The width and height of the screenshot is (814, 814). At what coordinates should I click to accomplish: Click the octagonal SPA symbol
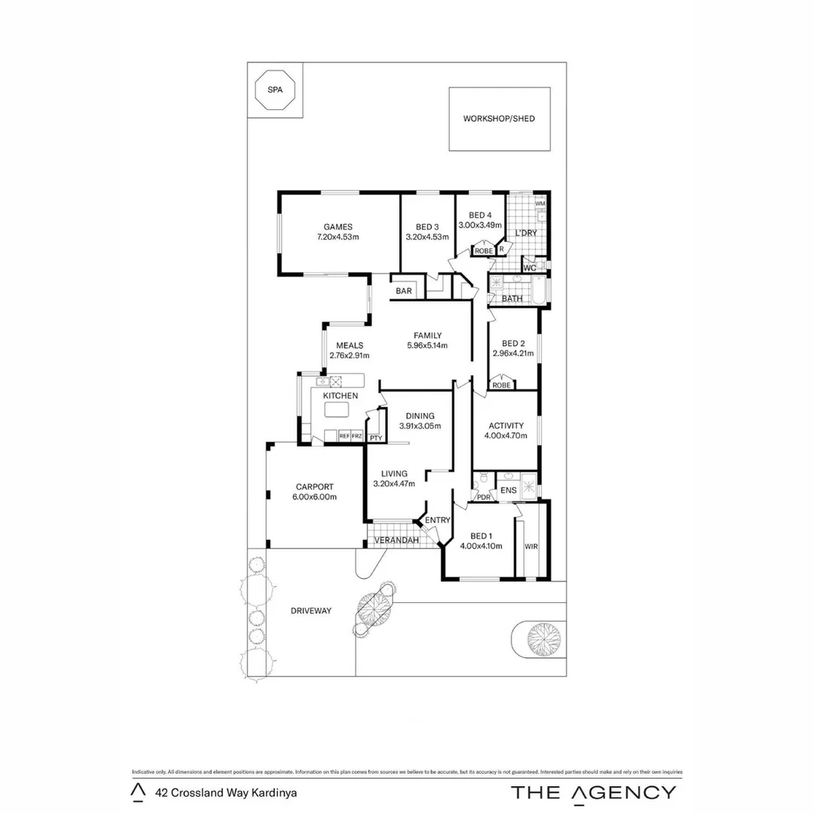pyautogui.click(x=274, y=90)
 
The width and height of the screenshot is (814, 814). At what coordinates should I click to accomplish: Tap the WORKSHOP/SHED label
pyautogui.click(x=499, y=119)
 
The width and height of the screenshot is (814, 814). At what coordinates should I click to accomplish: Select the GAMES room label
pyautogui.click(x=338, y=227)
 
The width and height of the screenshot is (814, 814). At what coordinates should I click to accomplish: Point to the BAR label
pyautogui.click(x=404, y=291)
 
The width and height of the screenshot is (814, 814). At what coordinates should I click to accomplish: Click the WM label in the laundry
pyautogui.click(x=540, y=203)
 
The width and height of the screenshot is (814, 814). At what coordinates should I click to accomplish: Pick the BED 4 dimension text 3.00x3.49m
pyautogui.click(x=480, y=225)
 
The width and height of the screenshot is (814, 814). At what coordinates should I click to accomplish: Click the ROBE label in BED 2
pyautogui.click(x=501, y=385)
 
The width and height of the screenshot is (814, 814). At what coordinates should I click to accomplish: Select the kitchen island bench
pyautogui.click(x=338, y=410)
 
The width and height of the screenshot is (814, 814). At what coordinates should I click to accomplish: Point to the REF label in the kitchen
pyautogui.click(x=344, y=436)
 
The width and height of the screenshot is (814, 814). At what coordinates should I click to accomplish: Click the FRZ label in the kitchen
pyautogui.click(x=357, y=436)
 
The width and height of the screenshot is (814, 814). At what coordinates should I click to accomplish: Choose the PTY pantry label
pyautogui.click(x=375, y=437)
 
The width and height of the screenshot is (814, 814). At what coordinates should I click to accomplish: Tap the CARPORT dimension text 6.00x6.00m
pyautogui.click(x=314, y=497)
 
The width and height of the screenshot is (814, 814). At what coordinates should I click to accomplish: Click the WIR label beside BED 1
pyautogui.click(x=531, y=546)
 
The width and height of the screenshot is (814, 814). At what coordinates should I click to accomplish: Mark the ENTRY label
pyautogui.click(x=437, y=520)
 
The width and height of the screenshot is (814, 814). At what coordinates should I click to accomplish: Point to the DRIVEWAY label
pyautogui.click(x=311, y=610)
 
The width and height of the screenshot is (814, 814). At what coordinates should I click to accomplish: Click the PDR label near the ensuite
pyautogui.click(x=483, y=497)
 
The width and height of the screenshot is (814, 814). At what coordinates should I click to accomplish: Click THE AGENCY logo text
pyautogui.click(x=594, y=792)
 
